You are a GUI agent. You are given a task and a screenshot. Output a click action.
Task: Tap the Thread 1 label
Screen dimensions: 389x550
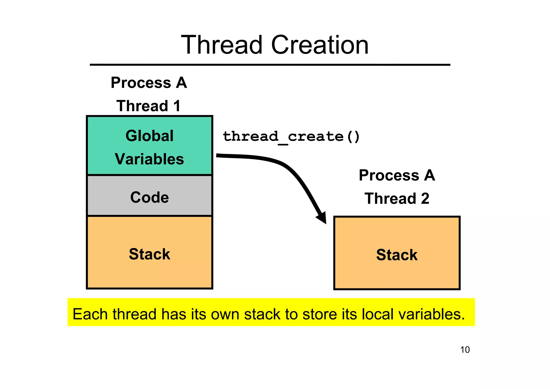click(x=149, y=106)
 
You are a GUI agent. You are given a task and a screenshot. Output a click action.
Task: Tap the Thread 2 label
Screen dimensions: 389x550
click(x=397, y=199)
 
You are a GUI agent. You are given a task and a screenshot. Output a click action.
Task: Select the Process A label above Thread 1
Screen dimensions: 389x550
click(x=149, y=82)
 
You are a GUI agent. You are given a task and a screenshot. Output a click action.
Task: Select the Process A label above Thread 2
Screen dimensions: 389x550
click(x=397, y=175)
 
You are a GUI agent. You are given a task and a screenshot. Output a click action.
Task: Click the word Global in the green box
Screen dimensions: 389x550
click(x=149, y=136)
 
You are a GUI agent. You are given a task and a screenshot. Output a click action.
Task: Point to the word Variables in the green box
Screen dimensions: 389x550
click(x=149, y=159)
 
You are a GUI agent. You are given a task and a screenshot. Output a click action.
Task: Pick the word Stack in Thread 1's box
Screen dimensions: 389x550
click(x=149, y=254)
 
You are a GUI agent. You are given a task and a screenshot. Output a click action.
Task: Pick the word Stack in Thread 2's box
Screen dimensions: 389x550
click(x=397, y=255)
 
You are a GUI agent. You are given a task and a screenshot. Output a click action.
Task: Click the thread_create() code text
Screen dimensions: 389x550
click(x=291, y=136)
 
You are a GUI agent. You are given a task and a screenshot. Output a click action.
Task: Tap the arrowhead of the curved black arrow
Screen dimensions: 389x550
click(x=322, y=218)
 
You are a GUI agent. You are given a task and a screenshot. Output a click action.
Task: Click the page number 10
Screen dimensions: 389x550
click(x=465, y=350)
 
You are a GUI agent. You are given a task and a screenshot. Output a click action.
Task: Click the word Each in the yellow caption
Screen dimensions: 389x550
click(x=90, y=314)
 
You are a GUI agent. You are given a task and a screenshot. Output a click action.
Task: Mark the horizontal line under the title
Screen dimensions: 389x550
click(x=270, y=65)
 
